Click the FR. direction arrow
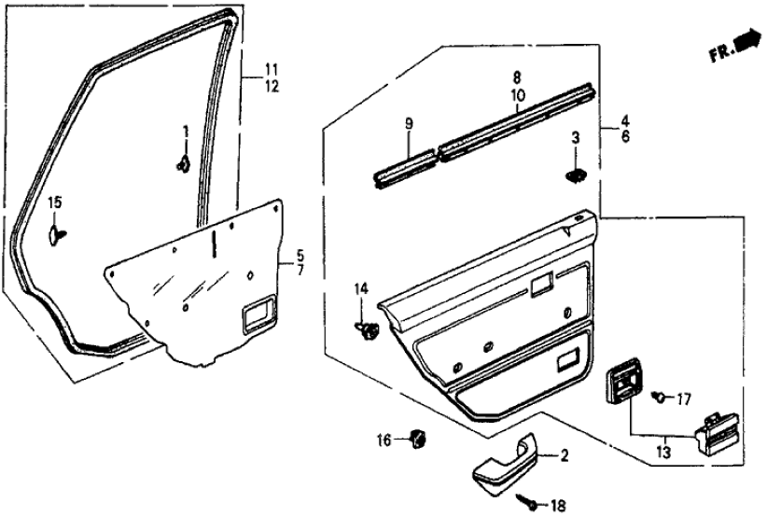point(746,42)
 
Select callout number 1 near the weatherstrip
point(185,131)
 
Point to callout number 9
point(408,122)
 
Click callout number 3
point(576,138)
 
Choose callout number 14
point(361,290)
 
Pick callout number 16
point(384,439)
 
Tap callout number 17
point(684,399)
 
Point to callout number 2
point(564,455)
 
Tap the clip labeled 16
point(418,437)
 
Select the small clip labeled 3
point(576,174)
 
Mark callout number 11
point(271,68)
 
